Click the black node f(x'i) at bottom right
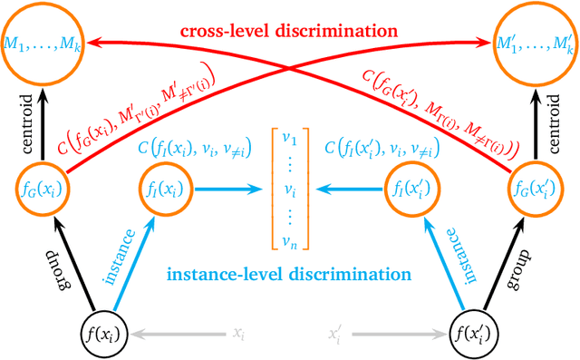pyautogui.click(x=476, y=334)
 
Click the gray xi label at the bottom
pyautogui.click(x=237, y=335)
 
